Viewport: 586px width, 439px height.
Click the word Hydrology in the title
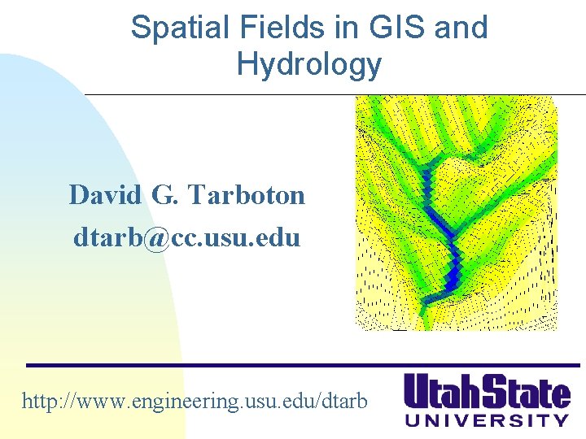308,64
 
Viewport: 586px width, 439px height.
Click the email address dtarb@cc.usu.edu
186,237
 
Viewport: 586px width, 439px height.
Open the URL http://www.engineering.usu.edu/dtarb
195,401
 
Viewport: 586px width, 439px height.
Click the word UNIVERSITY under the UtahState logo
488,420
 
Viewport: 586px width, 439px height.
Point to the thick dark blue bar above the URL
301,364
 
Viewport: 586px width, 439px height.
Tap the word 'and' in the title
461,28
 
